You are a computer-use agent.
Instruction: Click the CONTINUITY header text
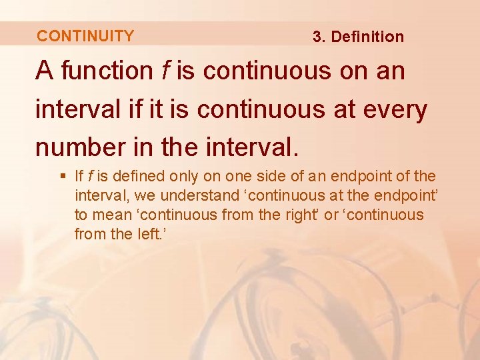coord(85,36)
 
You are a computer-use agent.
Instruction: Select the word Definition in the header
coord(367,37)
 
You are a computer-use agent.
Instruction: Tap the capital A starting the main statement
coord(45,71)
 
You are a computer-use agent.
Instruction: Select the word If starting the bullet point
coord(79,177)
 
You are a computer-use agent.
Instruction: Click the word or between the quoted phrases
coord(331,215)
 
